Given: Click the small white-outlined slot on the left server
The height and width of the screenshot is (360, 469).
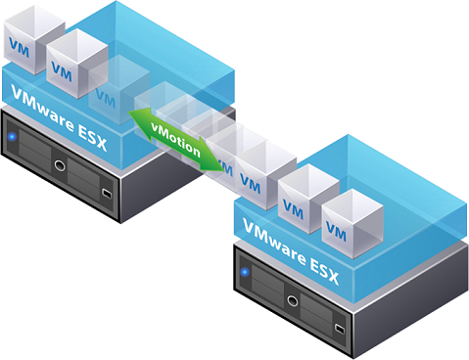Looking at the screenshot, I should [105, 194].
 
